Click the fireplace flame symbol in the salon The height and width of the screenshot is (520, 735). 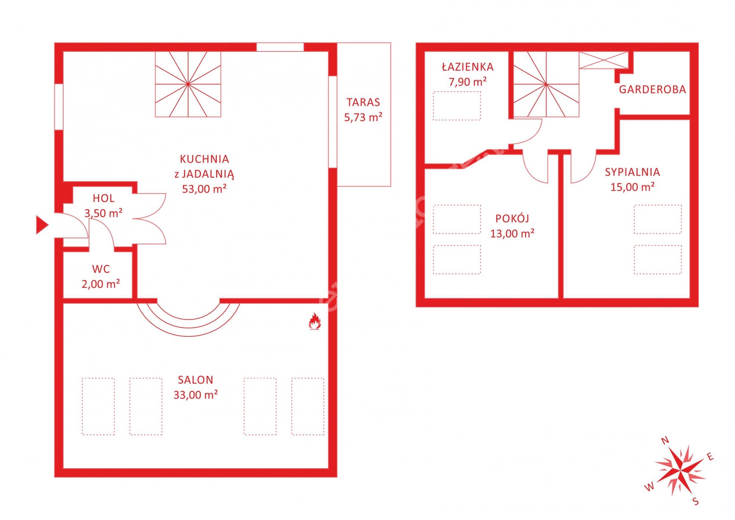click(x=315, y=321)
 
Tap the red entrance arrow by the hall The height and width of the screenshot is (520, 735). click(x=42, y=225)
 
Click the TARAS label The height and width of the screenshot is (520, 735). click(x=363, y=102)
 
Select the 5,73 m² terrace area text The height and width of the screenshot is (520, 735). click(x=363, y=117)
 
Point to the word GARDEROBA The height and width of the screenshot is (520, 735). click(x=652, y=89)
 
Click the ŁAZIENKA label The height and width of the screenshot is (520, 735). click(x=467, y=67)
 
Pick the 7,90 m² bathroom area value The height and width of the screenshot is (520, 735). click(x=467, y=82)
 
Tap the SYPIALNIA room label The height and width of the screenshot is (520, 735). click(x=632, y=172)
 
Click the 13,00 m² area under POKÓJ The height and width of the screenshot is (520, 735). click(x=512, y=233)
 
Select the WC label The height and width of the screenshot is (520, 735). click(x=101, y=269)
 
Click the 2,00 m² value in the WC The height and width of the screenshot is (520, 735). click(x=101, y=284)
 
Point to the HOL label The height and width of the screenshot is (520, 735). click(x=103, y=198)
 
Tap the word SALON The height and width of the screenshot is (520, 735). click(x=196, y=380)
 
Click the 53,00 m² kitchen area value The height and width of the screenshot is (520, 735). click(x=204, y=189)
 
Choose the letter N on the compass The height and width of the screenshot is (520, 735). click(x=665, y=441)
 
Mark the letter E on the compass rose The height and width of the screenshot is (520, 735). click(x=710, y=457)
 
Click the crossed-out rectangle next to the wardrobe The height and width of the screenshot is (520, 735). click(x=603, y=60)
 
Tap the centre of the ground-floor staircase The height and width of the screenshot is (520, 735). click(x=188, y=84)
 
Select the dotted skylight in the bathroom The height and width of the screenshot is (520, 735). click(x=457, y=106)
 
